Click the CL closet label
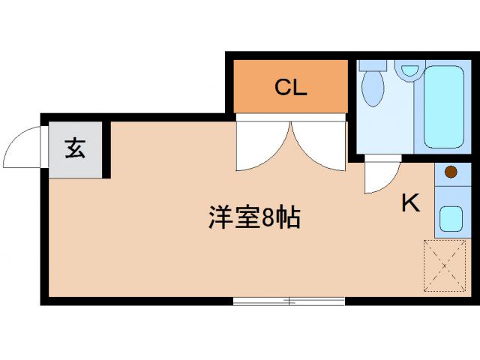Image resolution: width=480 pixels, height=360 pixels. [290, 88]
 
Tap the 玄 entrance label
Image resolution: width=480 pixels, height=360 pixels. [75, 148]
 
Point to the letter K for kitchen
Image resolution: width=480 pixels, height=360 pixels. [409, 203]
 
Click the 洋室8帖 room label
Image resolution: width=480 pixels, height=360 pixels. [254, 217]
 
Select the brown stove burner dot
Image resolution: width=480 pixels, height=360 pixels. [451, 172]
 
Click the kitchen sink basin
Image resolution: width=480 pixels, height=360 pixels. [451, 218]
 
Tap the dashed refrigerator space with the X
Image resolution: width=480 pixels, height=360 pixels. [445, 265]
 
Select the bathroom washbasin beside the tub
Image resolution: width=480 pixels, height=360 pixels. [409, 71]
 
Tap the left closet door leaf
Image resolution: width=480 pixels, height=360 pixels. [259, 146]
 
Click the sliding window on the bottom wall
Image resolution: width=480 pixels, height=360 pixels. [289, 301]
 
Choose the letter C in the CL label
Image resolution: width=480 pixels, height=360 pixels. [282, 88]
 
